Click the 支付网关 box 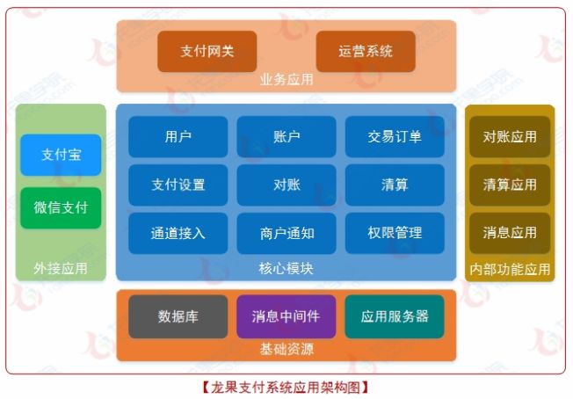[207, 52]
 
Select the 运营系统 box [365, 52]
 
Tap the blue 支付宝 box [61, 155]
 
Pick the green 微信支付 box [61, 208]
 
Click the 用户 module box [178, 136]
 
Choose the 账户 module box [286, 136]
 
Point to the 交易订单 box [394, 136]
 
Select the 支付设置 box [178, 185]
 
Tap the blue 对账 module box [286, 185]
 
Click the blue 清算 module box [394, 185]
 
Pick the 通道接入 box [178, 233]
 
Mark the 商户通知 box [286, 233]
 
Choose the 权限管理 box [394, 233]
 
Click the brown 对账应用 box [510, 137]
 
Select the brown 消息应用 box [510, 233]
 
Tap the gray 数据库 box [178, 316]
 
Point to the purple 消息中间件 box [286, 316]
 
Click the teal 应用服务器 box [394, 316]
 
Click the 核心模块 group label [286, 268]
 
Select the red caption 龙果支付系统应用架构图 [286, 386]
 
